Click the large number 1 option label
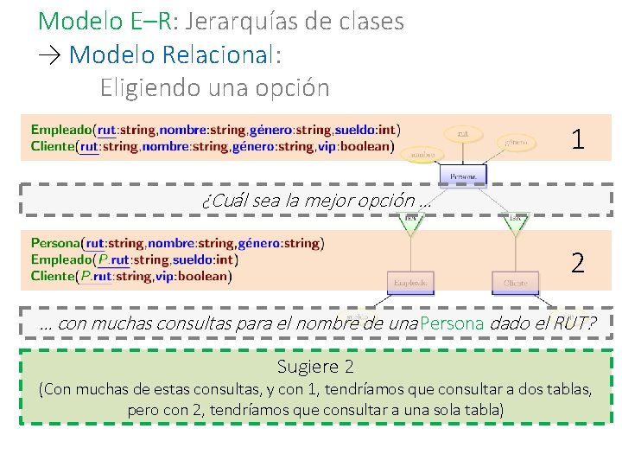point(578,138)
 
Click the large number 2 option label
point(578,262)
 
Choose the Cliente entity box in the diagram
point(515,283)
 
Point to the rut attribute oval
point(463,133)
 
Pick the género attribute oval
point(517,141)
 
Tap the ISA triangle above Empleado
point(410,221)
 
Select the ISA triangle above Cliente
point(516,221)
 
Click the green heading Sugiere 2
point(315,367)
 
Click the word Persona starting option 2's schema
point(54,244)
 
